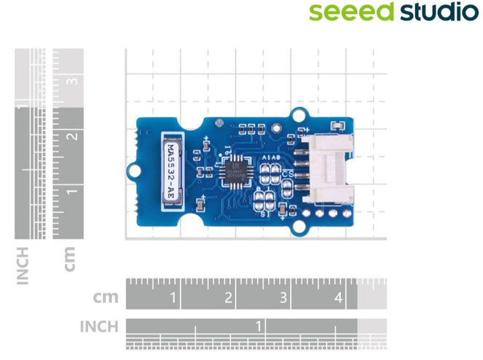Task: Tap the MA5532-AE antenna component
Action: click(x=170, y=168)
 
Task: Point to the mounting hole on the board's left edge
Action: click(x=133, y=170)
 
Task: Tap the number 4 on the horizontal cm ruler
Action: click(x=338, y=297)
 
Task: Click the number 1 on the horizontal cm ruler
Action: click(x=173, y=297)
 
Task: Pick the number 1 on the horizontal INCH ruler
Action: click(x=259, y=326)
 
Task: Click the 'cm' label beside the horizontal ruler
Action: click(x=106, y=297)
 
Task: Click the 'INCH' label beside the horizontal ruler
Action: click(x=98, y=326)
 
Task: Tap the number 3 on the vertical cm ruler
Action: click(x=72, y=81)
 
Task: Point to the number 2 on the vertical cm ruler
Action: click(x=72, y=136)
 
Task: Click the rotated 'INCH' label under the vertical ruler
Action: click(x=24, y=265)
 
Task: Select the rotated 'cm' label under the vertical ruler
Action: click(x=70, y=258)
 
